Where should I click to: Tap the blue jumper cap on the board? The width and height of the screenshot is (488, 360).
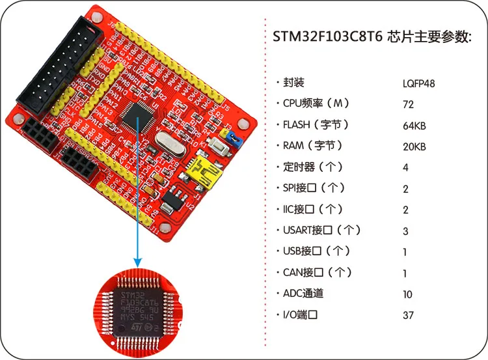pos(232,137)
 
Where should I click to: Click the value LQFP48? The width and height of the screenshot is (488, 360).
pos(419,83)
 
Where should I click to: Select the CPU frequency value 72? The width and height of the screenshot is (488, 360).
pos(409,104)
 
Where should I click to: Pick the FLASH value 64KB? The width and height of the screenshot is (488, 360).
pos(414,126)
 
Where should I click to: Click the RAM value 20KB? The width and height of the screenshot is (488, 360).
pos(414,146)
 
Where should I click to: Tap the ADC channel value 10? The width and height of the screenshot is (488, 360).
pos(407,294)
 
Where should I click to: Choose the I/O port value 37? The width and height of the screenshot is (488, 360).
pos(408,316)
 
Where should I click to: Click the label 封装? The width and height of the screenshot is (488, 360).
pos(293,83)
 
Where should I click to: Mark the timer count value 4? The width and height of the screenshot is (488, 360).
pos(406,168)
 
